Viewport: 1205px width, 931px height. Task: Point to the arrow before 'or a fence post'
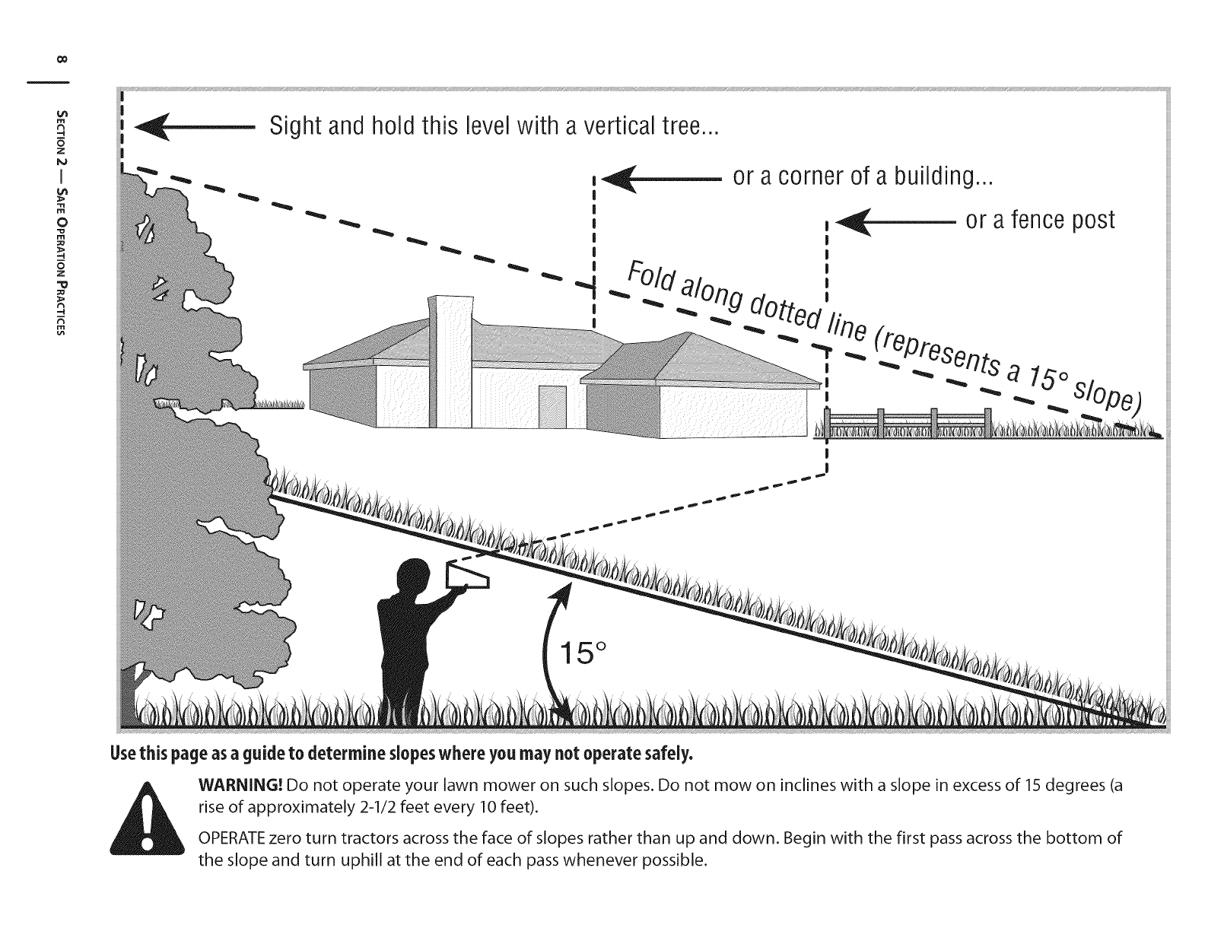tap(895, 222)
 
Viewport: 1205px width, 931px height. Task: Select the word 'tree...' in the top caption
tap(682, 126)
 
